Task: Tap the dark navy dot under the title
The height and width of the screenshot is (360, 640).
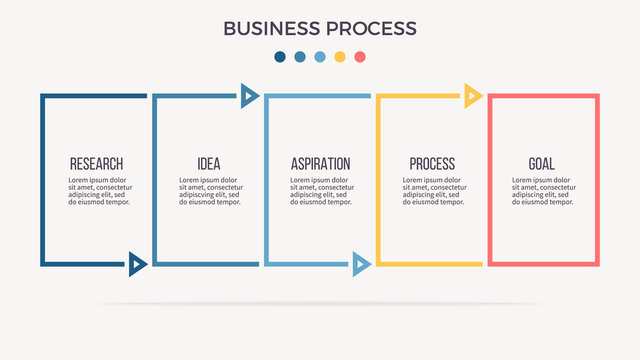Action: (x=280, y=57)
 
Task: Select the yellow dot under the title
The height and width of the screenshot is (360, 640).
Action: (x=340, y=57)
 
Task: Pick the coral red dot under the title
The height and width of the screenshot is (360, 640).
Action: (x=360, y=57)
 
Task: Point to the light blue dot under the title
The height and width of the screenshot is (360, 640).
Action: (x=320, y=57)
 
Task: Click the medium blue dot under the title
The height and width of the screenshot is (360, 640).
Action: (x=300, y=57)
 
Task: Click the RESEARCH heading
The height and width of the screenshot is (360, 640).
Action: (x=97, y=164)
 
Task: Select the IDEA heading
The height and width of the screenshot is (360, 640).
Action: (x=209, y=164)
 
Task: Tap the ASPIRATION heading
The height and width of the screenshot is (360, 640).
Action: (x=320, y=164)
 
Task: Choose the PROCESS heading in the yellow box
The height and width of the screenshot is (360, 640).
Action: (x=432, y=164)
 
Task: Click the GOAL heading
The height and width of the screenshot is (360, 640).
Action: (x=542, y=164)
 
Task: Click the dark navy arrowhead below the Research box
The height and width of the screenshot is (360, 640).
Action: (x=138, y=264)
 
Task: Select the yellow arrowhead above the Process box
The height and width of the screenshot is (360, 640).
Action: (x=473, y=96)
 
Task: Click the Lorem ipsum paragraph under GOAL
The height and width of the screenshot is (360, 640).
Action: (x=543, y=191)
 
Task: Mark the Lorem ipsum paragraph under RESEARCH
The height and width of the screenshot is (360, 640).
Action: (x=99, y=191)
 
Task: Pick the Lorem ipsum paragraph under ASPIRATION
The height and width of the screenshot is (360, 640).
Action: (x=321, y=191)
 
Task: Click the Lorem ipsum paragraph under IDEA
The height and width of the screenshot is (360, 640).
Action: (x=210, y=191)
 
